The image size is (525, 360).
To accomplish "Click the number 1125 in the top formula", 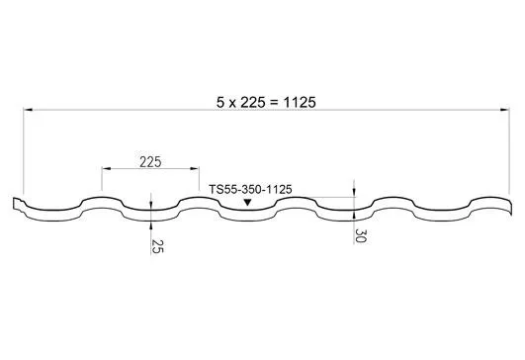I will pyautogui.click(x=294, y=102).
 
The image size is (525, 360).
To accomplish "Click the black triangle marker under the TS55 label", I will pyautogui.click(x=247, y=203).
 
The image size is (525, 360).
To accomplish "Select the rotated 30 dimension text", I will pyautogui.click(x=363, y=235).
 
